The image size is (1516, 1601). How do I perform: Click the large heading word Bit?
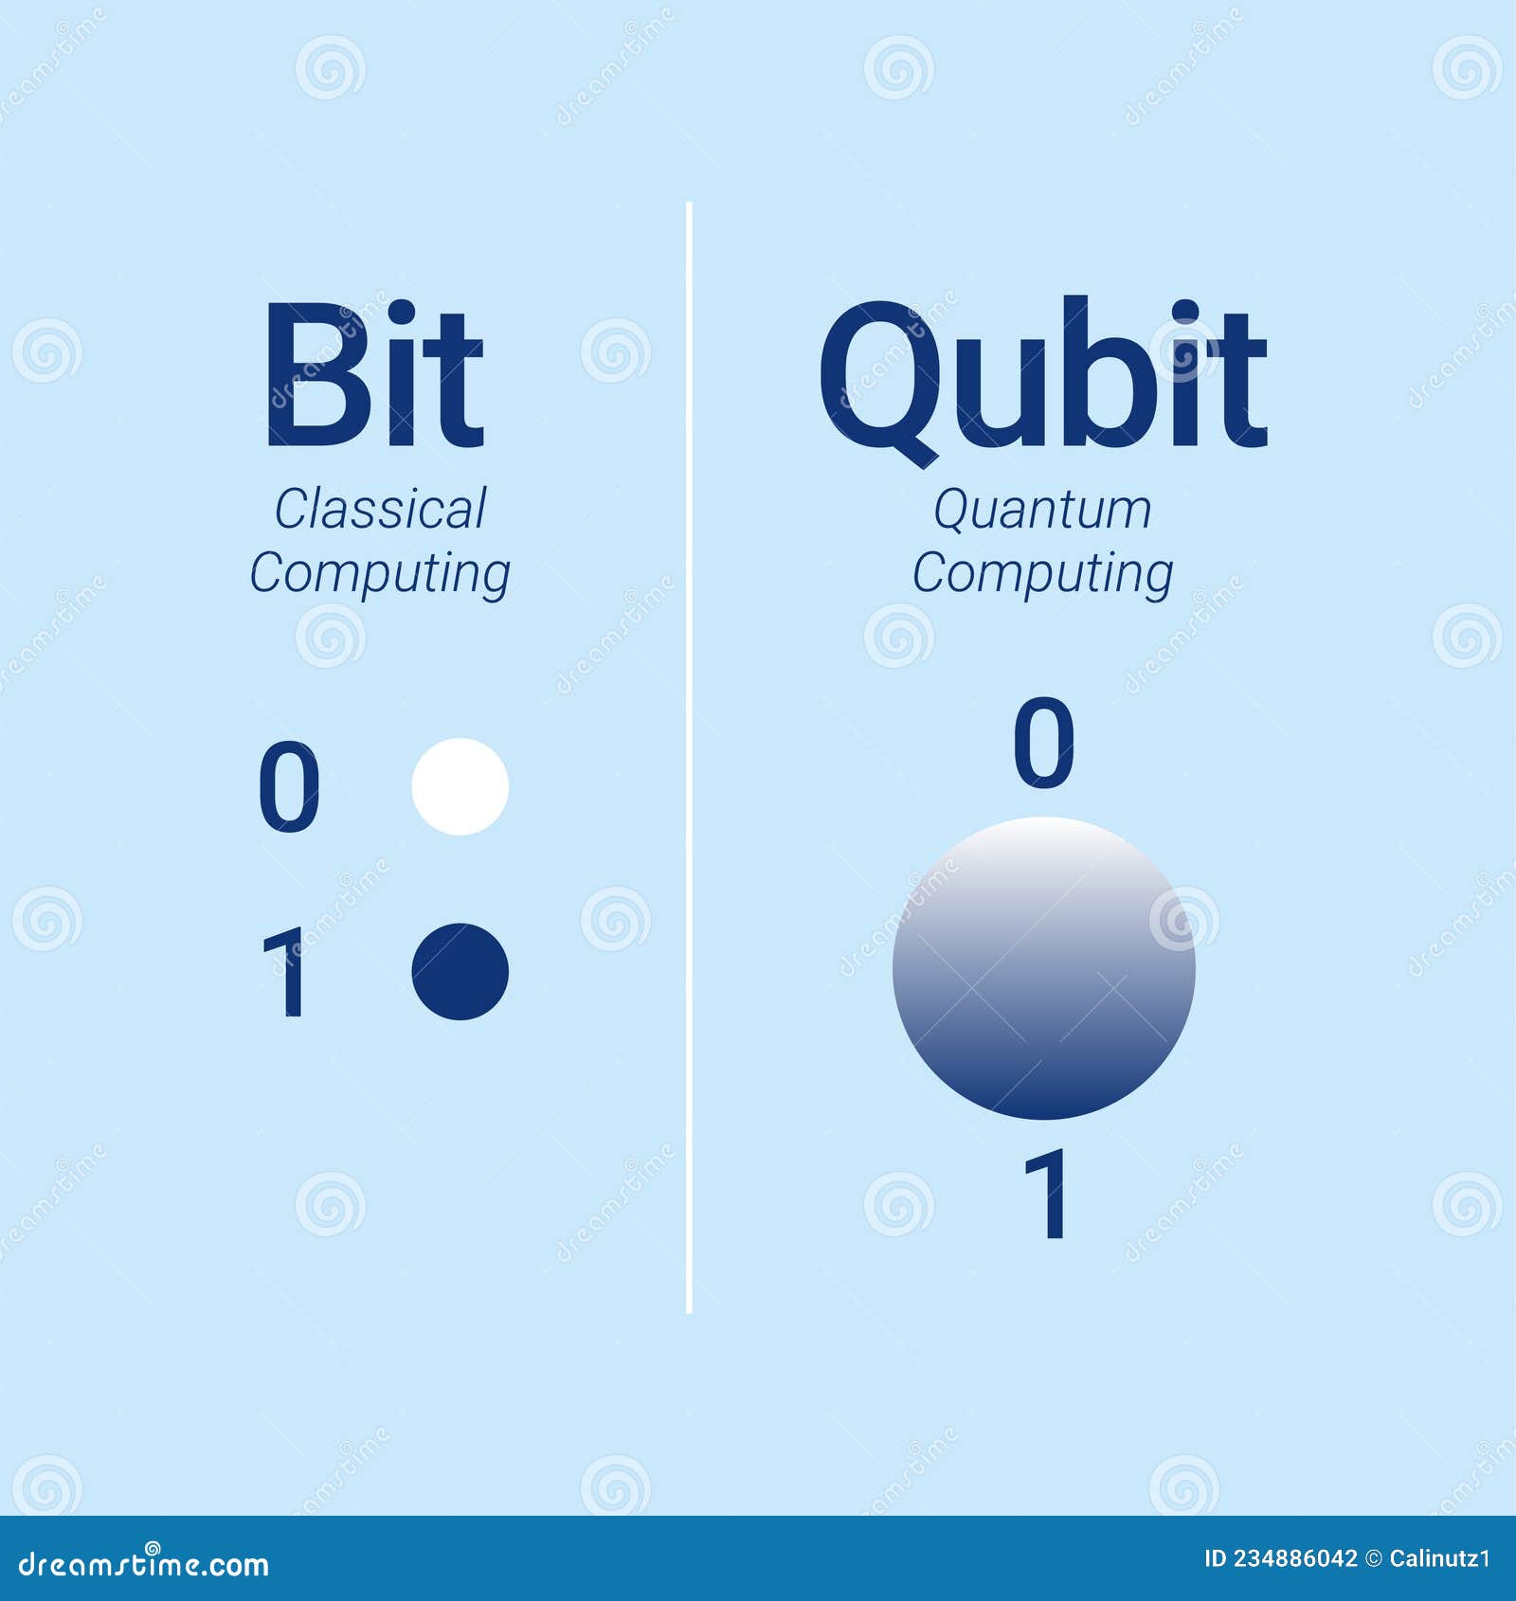374,375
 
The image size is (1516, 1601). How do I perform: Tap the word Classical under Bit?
380,510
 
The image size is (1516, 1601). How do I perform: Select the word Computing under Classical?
379,574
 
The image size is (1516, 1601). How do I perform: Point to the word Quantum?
1042,510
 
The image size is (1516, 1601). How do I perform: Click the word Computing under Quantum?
1042,574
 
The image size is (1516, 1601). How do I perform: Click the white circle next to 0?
460,786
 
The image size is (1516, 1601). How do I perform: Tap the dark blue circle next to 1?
460,971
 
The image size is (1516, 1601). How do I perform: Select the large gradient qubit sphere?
1043,968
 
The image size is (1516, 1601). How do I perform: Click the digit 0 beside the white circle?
289,787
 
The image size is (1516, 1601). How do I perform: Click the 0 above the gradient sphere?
1043,744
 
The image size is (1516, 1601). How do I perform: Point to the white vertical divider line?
689,758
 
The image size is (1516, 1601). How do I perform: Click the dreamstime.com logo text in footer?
144,1564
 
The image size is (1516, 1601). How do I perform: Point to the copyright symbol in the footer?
1372,1559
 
